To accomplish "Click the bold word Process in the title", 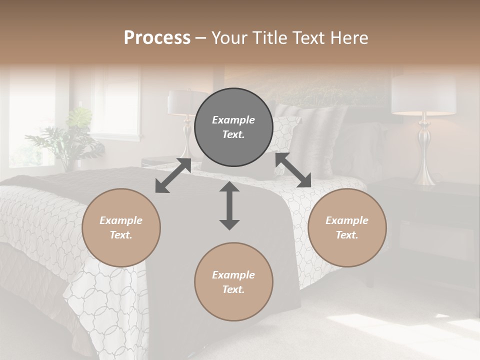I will click(157, 38).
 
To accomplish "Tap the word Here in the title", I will click(350, 38).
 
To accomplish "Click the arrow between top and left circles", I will click(173, 175).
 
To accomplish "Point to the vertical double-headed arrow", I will click(229, 205).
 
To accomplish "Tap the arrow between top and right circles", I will click(293, 170).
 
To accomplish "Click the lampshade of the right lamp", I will click(423, 94).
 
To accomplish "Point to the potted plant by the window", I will click(70, 137).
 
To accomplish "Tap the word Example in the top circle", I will click(233, 120).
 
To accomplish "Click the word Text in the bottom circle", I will click(233, 289).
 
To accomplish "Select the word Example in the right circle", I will click(347, 220).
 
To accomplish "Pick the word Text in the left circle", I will click(121, 235).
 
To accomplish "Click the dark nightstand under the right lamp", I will click(430, 225).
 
